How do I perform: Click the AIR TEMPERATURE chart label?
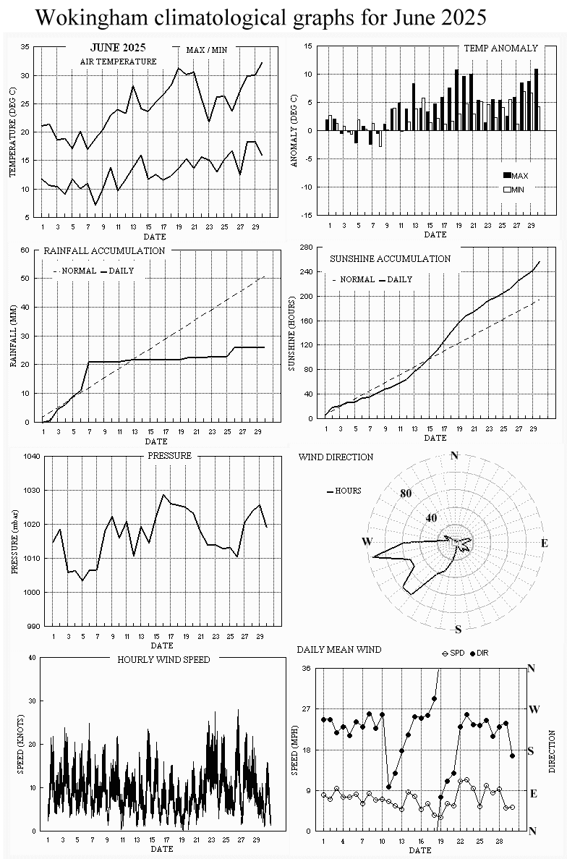(x=118, y=62)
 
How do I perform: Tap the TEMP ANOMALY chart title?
(x=500, y=48)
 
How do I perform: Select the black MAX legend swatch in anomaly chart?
(x=508, y=176)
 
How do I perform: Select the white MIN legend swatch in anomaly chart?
(x=508, y=190)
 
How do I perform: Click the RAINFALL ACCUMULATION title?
(x=104, y=251)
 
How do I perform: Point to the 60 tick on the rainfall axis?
(x=33, y=250)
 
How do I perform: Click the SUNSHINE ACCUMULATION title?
(x=390, y=259)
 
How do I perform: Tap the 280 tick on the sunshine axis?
(x=307, y=247)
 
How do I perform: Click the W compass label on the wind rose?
(x=367, y=542)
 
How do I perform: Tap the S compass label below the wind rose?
(x=458, y=628)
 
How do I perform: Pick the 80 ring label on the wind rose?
(x=406, y=494)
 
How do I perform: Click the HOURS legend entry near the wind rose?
(x=348, y=491)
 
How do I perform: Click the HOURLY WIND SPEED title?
(x=163, y=659)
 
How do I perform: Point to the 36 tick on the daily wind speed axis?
(x=306, y=669)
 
